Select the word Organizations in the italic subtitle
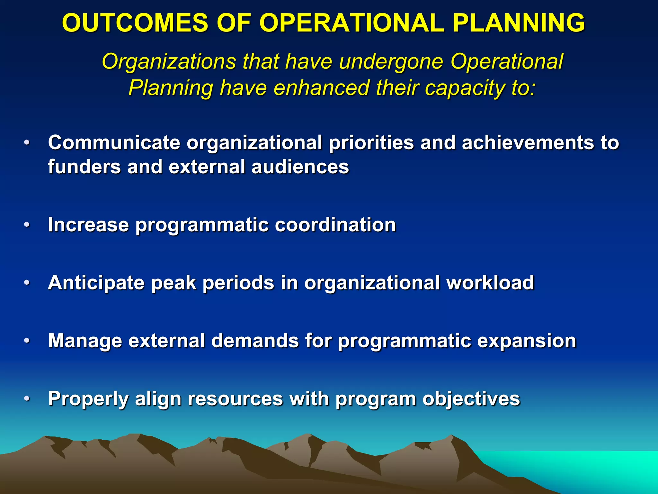169,62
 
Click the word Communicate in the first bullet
114,142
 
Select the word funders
84,167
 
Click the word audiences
300,167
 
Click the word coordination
335,224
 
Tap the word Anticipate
96,283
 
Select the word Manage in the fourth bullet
85,341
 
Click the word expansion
527,341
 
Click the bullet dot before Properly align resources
27,399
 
